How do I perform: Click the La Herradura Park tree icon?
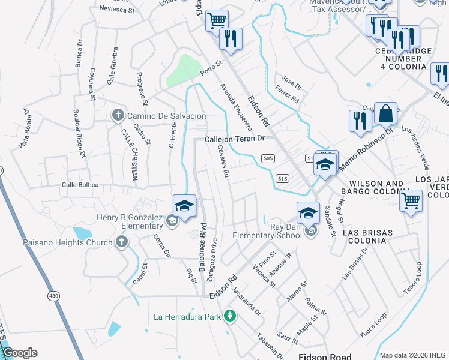coord(229,316)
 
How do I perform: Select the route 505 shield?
coord(268,158)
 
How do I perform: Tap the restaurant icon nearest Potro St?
coord(231,39)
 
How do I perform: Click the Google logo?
coord(20,352)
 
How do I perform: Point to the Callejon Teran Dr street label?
coord(235,139)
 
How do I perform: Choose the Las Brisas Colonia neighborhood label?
coord(367,237)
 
